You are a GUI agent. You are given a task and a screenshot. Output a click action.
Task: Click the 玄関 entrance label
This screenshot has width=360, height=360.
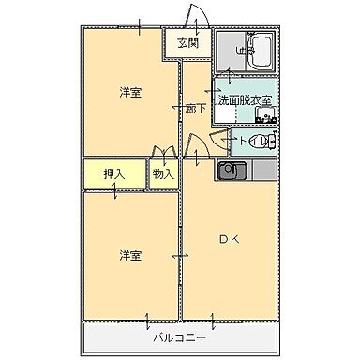187,42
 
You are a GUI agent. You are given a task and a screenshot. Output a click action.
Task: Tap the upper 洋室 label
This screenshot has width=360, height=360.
129,92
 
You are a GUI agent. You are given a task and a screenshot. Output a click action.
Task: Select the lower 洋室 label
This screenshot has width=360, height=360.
129,254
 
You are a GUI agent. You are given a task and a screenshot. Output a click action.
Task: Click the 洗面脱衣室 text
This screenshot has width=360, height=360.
245,99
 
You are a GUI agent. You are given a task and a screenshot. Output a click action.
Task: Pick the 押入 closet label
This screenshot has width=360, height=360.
113,173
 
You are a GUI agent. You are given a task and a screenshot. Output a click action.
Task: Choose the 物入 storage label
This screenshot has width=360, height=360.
163,173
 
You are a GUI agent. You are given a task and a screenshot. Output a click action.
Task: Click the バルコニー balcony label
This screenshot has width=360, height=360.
179,335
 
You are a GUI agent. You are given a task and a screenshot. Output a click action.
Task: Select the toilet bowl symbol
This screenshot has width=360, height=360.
266,142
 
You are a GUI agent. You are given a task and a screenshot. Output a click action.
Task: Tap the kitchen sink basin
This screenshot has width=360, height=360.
232,171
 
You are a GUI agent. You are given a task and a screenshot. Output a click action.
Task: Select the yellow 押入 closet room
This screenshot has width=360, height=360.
113,174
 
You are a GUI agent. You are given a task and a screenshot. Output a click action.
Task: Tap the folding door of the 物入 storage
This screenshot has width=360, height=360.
163,152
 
